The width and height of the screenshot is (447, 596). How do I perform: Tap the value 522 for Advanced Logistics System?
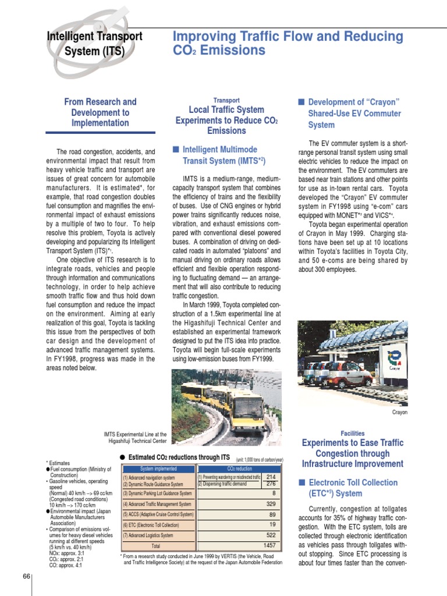pos(271,535)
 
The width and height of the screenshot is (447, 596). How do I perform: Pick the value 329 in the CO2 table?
pos(271,503)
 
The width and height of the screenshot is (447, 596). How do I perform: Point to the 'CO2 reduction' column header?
pos(239,468)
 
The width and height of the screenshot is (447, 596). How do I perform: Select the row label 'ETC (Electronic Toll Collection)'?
pos(151,525)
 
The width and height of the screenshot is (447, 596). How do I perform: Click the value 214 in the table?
pos(271,477)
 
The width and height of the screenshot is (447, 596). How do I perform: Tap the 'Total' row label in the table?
pos(156,547)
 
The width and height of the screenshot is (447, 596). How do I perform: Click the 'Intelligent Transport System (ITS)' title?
pos(94,44)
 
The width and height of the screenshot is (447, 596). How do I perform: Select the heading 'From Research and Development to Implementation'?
pos(100,112)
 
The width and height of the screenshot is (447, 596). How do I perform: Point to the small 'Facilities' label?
pos(353,433)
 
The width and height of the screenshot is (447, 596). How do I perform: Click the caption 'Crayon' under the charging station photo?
pos(399,413)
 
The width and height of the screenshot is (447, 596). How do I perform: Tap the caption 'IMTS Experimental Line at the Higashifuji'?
pos(135,437)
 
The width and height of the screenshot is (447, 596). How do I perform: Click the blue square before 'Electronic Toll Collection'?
pos(301,483)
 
